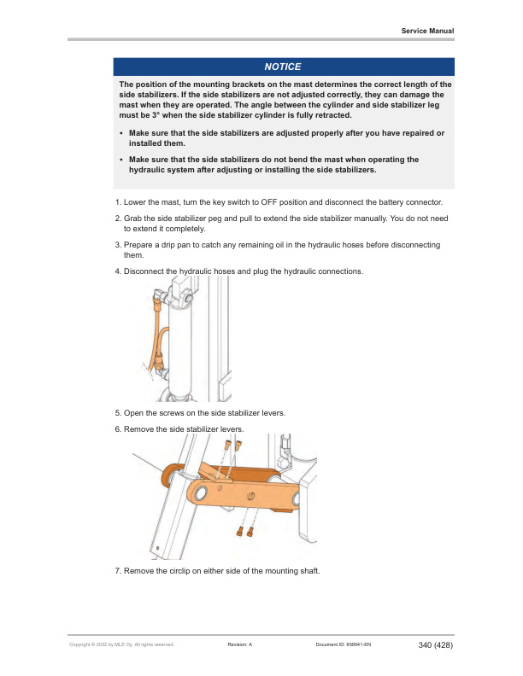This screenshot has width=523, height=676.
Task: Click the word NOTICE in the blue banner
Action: (x=282, y=67)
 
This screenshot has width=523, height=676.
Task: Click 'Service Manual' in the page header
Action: (x=427, y=31)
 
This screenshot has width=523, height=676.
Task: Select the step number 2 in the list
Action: (x=118, y=219)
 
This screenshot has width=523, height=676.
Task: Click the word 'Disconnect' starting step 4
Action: (x=144, y=271)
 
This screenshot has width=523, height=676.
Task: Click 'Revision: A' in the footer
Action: (x=239, y=645)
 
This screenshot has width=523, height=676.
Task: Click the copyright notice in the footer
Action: (x=121, y=645)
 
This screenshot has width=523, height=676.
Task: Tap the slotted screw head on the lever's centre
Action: (x=250, y=495)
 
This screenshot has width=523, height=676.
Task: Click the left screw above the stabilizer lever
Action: (x=227, y=446)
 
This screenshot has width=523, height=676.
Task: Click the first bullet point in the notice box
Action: (x=122, y=135)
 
